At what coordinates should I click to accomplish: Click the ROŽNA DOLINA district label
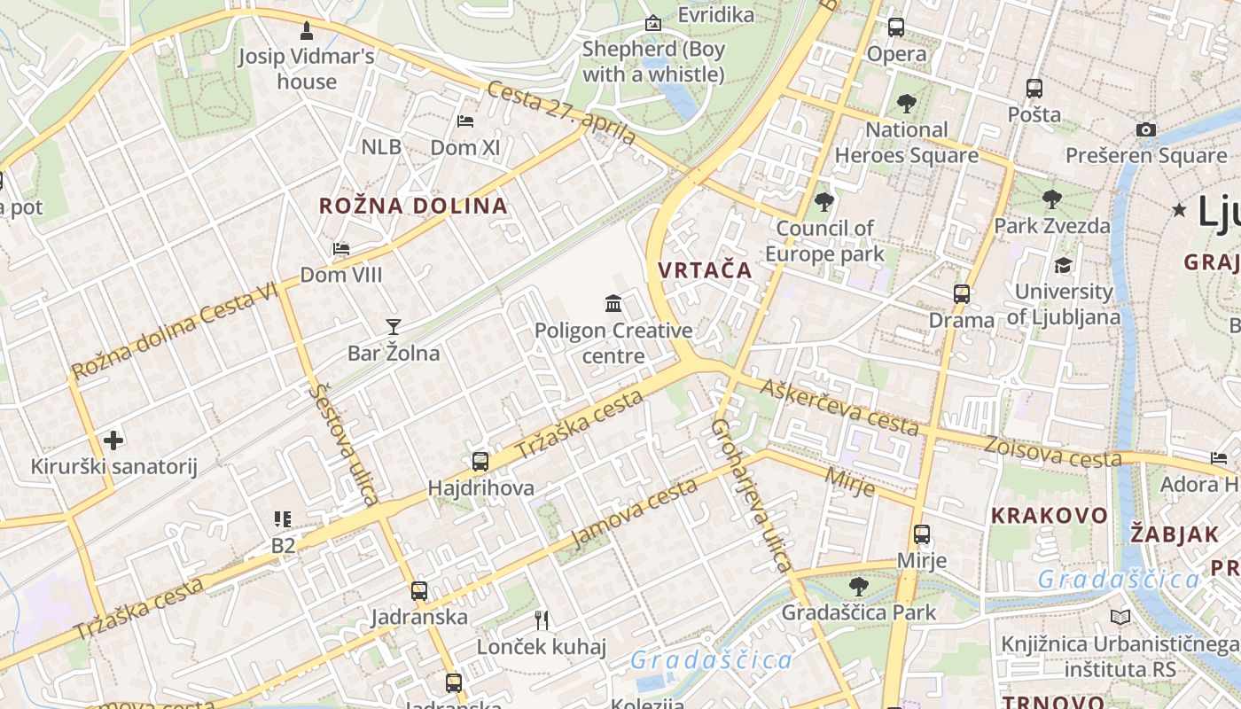tap(413, 206)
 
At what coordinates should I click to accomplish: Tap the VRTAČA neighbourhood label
tap(705, 270)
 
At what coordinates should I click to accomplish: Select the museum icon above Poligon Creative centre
tap(613, 304)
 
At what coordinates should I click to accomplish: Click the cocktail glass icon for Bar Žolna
tap(394, 327)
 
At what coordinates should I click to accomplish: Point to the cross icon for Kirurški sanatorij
tap(113, 440)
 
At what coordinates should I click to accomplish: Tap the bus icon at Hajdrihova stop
tap(480, 461)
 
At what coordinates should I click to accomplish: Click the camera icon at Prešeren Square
tap(1146, 129)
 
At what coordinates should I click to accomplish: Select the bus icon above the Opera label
tap(896, 27)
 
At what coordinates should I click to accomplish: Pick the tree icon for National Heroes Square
tap(906, 104)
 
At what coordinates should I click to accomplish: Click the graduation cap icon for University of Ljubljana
tap(1063, 265)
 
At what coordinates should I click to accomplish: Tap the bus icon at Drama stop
tap(962, 293)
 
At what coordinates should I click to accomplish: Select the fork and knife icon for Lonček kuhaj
tap(542, 619)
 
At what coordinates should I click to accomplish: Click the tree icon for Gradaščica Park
tap(858, 586)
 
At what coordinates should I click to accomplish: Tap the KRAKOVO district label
tap(1050, 515)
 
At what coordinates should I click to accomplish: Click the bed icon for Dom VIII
tap(341, 249)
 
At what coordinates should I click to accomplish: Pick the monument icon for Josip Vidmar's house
tap(307, 31)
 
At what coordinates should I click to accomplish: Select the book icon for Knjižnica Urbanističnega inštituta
tap(1120, 617)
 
